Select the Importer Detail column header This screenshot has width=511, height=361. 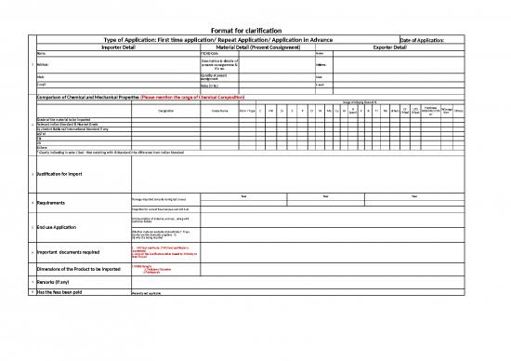(85, 47)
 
